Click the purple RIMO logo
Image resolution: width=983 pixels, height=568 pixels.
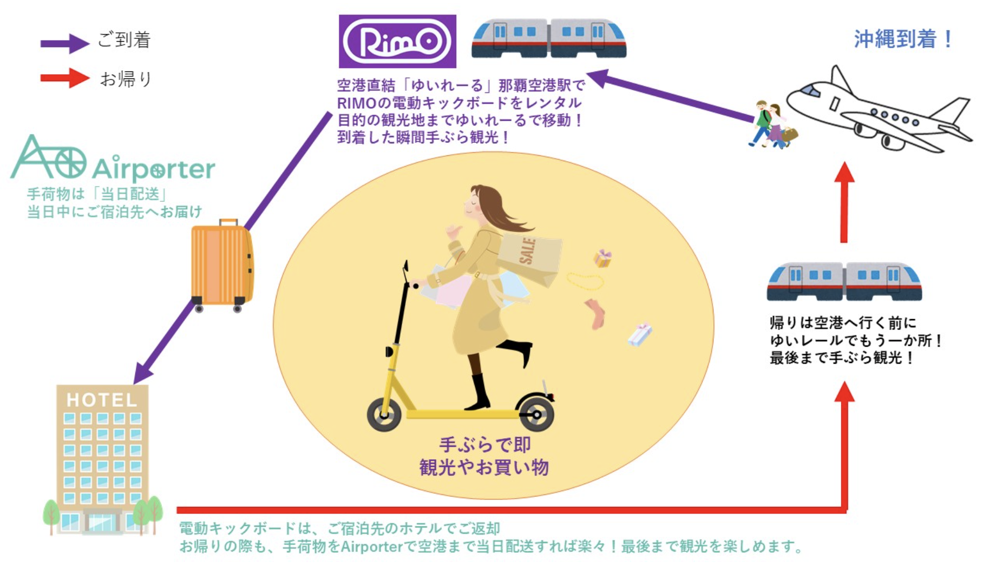[397, 41]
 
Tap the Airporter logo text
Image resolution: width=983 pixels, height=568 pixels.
[154, 169]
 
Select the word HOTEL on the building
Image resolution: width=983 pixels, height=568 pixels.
[102, 400]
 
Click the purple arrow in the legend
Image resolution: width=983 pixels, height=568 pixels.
[64, 43]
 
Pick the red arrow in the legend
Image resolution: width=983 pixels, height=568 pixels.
[64, 78]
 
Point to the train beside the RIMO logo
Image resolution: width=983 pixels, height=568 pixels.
[549, 38]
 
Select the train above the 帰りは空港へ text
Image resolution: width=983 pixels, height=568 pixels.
[844, 281]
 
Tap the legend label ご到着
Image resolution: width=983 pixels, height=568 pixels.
[124, 39]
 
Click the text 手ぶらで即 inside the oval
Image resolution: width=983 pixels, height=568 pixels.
[484, 445]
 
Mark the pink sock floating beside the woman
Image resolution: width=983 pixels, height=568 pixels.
[596, 314]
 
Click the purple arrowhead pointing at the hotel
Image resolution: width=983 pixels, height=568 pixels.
[142, 374]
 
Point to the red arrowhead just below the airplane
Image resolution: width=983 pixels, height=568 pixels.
[844, 172]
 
